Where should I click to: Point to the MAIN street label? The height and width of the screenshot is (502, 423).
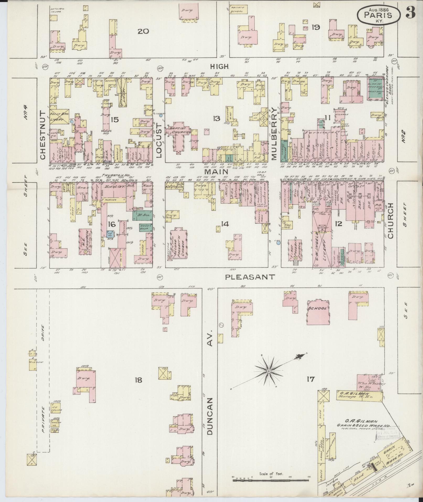216,172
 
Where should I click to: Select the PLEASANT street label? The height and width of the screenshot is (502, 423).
250,277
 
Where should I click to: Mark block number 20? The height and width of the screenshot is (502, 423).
143,31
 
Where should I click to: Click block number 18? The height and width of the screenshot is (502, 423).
138,380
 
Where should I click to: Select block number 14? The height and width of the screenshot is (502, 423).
225,224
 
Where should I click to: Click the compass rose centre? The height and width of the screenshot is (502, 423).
269,371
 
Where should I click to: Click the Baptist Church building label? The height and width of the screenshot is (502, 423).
179,130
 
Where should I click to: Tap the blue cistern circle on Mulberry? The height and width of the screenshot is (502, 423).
279,243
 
